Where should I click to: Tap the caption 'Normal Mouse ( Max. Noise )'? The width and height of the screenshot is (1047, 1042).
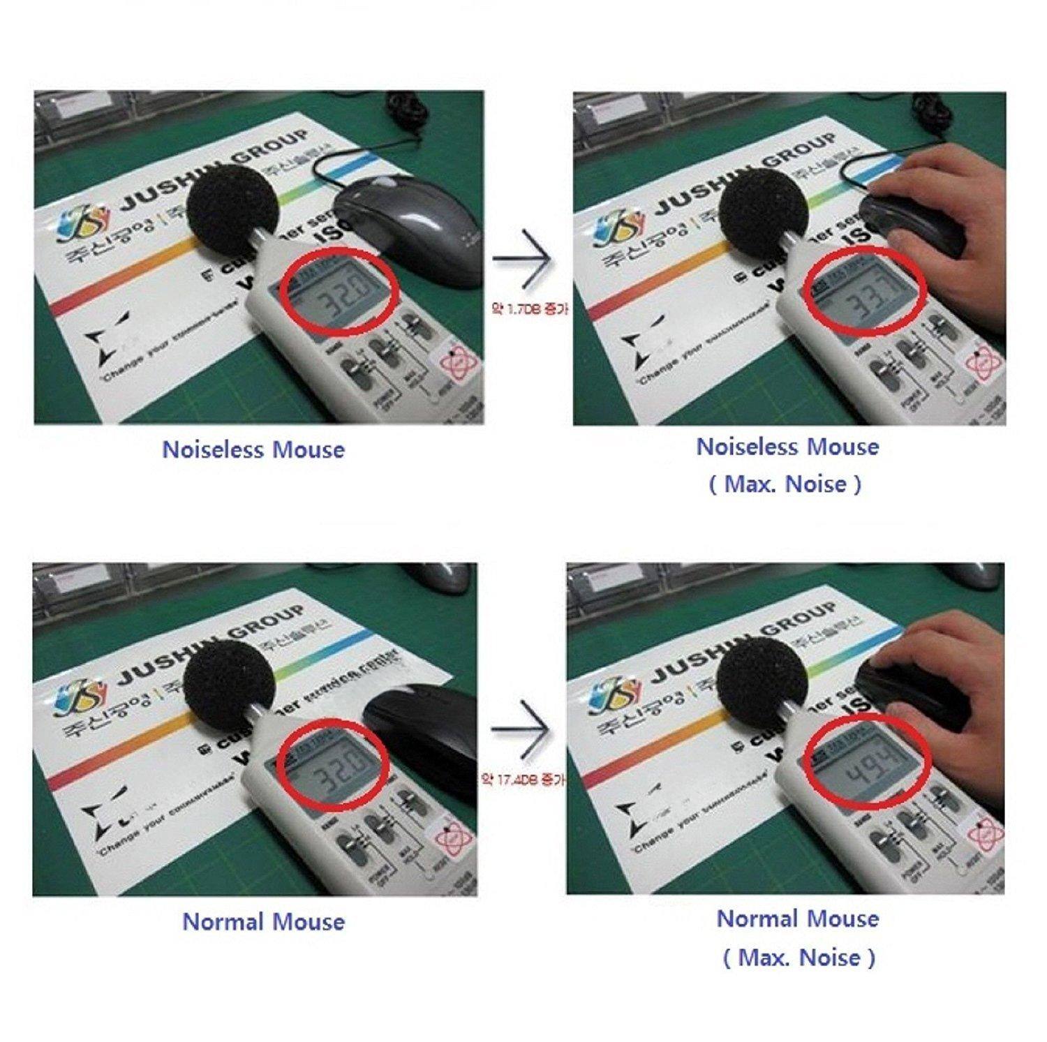pyautogui.click(x=798, y=937)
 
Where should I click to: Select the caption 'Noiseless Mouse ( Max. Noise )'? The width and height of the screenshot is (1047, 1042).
pyautogui.click(x=787, y=464)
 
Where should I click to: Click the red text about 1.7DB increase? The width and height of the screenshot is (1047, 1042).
pyautogui.click(x=529, y=308)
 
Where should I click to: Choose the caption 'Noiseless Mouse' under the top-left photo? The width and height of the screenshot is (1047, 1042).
pyautogui.click(x=253, y=449)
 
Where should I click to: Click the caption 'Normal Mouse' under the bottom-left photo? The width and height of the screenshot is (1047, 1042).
pyautogui.click(x=263, y=921)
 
